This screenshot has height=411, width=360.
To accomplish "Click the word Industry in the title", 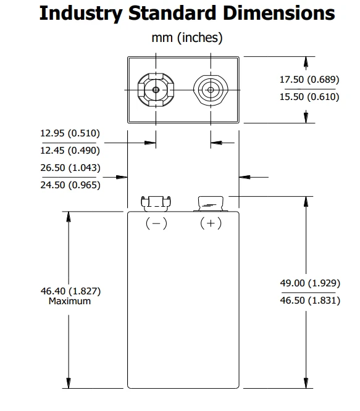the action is click(81, 14).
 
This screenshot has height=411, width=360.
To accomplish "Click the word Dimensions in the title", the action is click(279, 12).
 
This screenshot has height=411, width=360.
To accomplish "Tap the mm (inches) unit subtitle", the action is click(187, 38).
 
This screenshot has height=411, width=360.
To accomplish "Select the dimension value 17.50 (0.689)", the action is click(309, 80).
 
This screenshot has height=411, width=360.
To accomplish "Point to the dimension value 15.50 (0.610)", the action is click(309, 97).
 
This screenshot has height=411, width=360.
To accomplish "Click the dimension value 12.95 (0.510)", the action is click(70, 133).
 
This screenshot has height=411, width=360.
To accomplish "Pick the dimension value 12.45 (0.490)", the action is click(70, 151).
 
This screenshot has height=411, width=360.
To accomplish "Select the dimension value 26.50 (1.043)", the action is click(70, 168).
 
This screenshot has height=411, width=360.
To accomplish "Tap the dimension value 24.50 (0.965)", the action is click(70, 185).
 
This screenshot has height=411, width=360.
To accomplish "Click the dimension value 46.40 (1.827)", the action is click(70, 291).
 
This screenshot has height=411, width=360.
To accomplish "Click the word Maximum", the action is click(70, 301).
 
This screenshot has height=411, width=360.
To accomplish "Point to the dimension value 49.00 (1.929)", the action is click(310, 283).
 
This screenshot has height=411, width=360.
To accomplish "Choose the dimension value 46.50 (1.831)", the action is click(310, 301).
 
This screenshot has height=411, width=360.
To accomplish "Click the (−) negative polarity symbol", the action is click(156, 223).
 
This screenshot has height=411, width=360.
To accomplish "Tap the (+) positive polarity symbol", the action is click(211, 223).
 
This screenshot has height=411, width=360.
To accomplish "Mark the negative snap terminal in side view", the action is click(156, 204).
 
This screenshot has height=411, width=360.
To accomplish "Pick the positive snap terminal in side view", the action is click(211, 204).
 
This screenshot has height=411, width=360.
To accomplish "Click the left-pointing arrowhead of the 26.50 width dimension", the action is click(245, 177).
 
